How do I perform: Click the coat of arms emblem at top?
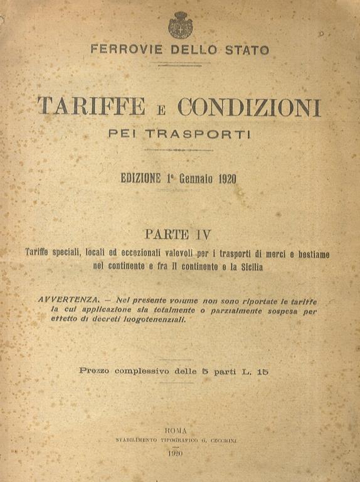(180, 26)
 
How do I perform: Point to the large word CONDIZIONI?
(249, 107)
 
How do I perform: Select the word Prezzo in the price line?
(94, 370)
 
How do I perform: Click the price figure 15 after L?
(262, 370)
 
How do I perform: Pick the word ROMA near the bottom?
(177, 431)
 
